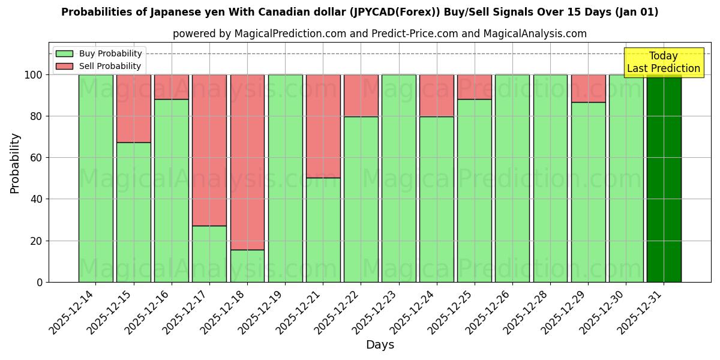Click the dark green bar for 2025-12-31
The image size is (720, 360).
pos(664,178)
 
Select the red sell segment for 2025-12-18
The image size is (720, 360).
pos(247,162)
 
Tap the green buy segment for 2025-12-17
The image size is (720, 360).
pos(209,254)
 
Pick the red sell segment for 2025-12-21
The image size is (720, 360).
pos(323,126)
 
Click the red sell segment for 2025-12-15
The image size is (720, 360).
pos(133,109)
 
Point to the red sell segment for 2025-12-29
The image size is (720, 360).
pos(588,88)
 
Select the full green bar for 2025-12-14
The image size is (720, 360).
pos(95,178)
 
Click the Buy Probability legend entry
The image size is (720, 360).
pos(99,54)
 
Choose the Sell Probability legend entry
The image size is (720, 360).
pos(99,66)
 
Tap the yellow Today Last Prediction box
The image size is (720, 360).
pos(663,62)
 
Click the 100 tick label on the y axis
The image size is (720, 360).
pos(33,75)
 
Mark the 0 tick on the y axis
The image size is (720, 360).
pos(39,282)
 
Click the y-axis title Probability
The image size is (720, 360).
pos(15,163)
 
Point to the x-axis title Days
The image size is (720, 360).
pos(380,345)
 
